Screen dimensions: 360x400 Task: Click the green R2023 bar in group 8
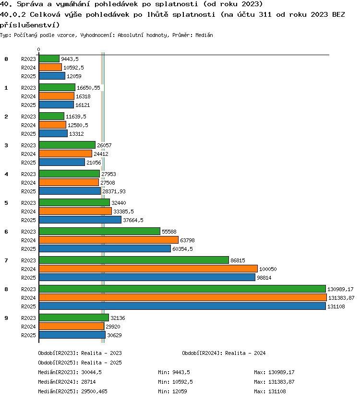click(182, 289)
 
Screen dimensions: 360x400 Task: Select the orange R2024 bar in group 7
click(148, 269)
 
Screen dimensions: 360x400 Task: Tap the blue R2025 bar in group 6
click(105, 248)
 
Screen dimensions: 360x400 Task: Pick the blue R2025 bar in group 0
click(52, 76)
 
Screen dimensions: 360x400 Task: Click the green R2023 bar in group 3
click(67, 145)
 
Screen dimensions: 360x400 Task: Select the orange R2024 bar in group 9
click(72, 326)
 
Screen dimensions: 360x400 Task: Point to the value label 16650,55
click(89, 88)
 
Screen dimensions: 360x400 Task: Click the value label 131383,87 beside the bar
click(341, 298)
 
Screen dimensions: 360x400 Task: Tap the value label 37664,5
click(133, 220)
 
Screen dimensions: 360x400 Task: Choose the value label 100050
click(268, 269)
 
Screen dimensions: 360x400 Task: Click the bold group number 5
click(6, 203)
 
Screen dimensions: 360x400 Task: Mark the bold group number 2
click(6, 117)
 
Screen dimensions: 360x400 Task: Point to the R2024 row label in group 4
click(28, 183)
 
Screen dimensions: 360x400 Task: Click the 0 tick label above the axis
click(38, 49)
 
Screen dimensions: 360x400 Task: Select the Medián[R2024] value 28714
click(88, 382)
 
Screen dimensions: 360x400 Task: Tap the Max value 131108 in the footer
click(277, 391)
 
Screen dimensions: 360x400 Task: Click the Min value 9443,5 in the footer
click(181, 372)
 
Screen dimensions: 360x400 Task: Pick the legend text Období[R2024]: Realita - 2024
click(224, 353)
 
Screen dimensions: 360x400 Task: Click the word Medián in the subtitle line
click(204, 35)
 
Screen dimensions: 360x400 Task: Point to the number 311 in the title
click(265, 14)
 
